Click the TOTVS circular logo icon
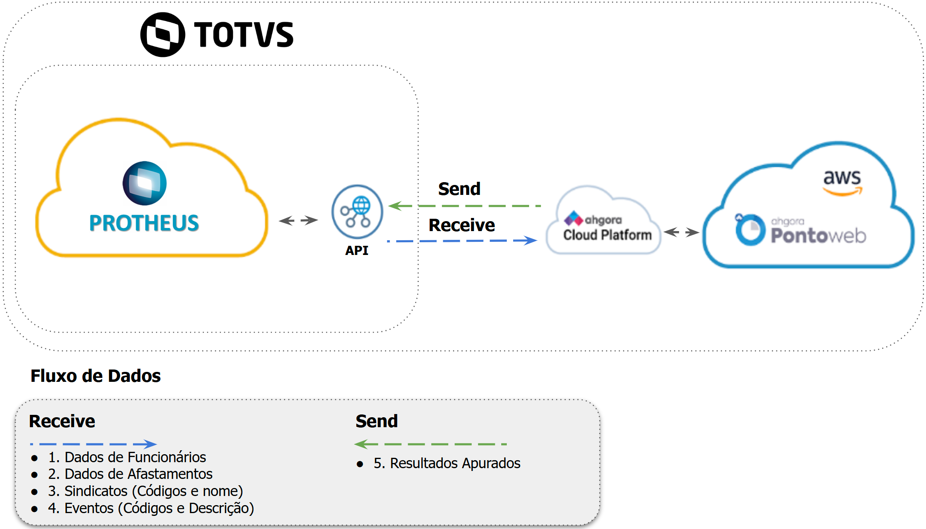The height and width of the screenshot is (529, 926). [x=162, y=35]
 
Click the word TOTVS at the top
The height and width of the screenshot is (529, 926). [x=244, y=35]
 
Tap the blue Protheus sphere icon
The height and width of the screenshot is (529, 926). [x=145, y=183]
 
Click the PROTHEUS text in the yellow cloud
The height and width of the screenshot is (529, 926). [x=144, y=223]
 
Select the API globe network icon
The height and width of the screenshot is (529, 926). [x=357, y=211]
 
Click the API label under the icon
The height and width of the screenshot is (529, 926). [x=357, y=251]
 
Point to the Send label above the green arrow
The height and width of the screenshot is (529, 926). [x=459, y=189]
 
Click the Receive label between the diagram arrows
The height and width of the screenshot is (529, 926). [x=461, y=225]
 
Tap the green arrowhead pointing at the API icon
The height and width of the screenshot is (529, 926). [x=395, y=206]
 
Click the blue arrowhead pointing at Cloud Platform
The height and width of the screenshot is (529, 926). [x=530, y=240]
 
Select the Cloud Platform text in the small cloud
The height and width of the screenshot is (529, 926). [x=607, y=235]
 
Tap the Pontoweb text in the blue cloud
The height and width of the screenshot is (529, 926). [x=818, y=235]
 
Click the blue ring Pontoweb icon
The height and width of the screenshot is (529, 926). [x=750, y=230]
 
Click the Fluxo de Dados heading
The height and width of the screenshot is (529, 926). [x=96, y=376]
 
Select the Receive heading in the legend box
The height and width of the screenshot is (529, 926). [x=62, y=421]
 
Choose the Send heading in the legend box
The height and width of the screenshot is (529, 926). [x=377, y=421]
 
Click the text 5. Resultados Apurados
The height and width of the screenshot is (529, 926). [x=447, y=463]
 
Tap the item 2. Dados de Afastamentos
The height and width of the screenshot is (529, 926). [x=130, y=474]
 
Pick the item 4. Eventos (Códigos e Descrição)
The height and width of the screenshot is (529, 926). [x=151, y=508]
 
